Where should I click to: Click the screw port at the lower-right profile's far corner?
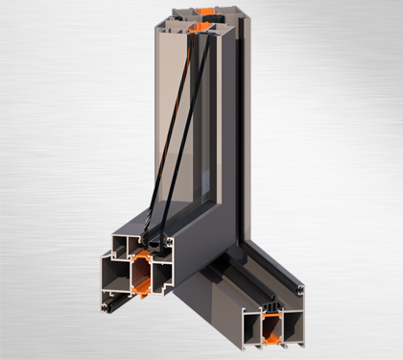pos(300,288)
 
